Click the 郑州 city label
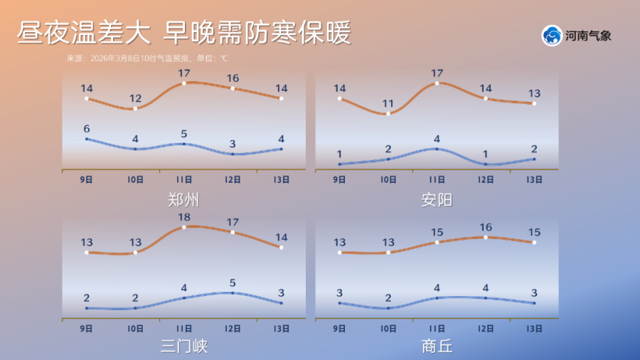click(x=183, y=200)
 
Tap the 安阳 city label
click(x=437, y=200)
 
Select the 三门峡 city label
click(x=183, y=346)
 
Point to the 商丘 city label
click(x=437, y=346)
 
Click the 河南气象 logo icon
click(x=551, y=36)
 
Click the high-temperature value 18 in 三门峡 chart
click(x=183, y=216)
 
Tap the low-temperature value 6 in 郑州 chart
click(x=87, y=129)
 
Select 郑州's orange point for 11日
click(x=184, y=83)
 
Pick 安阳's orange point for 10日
click(x=388, y=113)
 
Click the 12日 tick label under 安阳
click(x=486, y=180)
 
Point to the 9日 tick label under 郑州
click(x=87, y=180)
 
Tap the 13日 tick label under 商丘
click(x=534, y=329)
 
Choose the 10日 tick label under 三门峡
click(x=135, y=329)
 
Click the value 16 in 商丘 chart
click(x=486, y=227)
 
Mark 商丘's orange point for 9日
click(x=340, y=252)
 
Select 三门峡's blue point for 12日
click(x=233, y=292)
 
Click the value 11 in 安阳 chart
click(x=388, y=103)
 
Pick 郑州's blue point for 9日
click(x=87, y=139)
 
